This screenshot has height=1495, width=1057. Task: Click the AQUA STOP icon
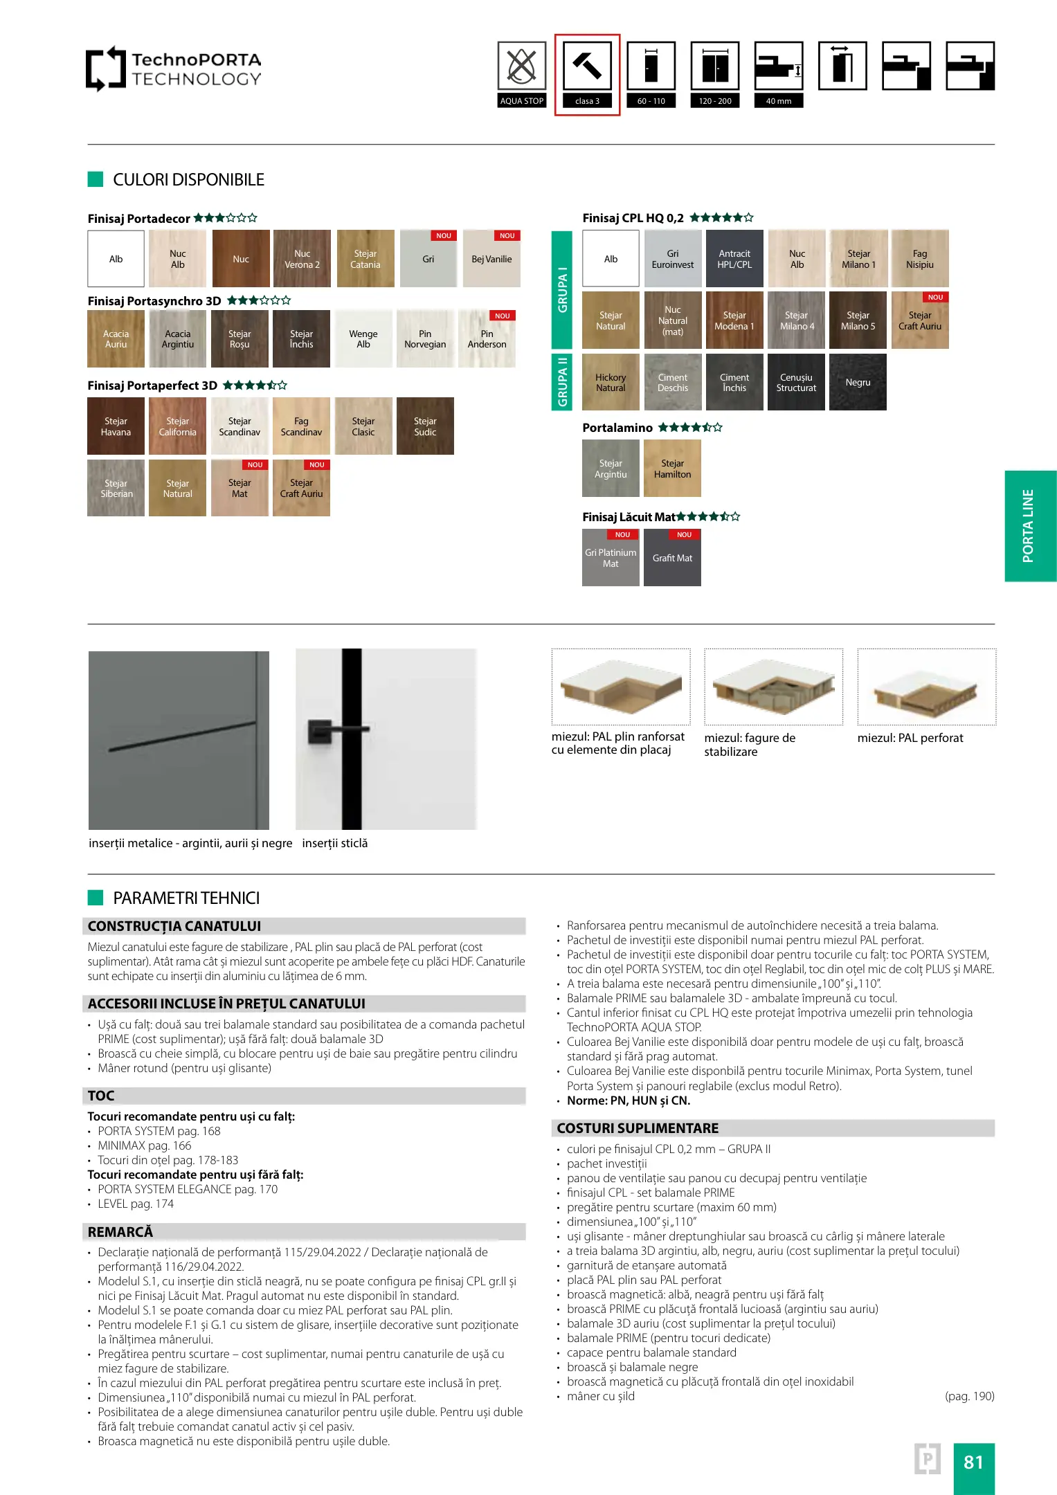pos(521,66)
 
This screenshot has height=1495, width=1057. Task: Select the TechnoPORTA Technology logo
pos(174,69)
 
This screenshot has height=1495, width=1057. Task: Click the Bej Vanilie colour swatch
pos(491,259)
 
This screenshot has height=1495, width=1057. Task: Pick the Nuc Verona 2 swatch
pos(302,259)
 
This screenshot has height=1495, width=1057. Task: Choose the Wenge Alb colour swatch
pos(363,339)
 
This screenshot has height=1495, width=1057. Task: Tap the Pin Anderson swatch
pos(487,339)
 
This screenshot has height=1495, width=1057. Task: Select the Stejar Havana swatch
pos(116,426)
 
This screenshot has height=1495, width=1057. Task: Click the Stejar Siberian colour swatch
pos(116,488)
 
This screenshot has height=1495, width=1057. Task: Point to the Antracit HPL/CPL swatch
pos(734,259)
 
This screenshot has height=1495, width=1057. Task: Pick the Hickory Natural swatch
pos(611,382)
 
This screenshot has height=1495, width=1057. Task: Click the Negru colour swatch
pos(858,382)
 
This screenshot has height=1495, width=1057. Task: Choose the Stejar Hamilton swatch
pos(672,469)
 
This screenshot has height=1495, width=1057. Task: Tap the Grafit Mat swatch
pos(672,558)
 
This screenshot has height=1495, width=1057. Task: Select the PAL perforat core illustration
pos(926,687)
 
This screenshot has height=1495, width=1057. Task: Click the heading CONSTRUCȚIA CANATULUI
pos(174,926)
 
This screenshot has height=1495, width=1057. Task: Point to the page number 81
pos(973,1462)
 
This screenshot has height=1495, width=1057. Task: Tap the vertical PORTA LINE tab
pos(1030,526)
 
